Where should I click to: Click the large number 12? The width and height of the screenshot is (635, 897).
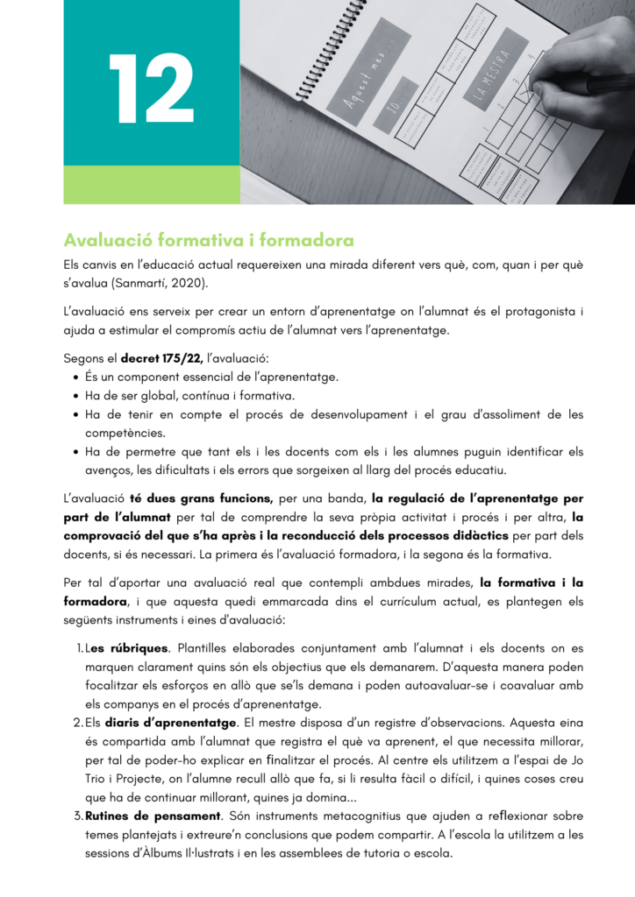tap(151, 84)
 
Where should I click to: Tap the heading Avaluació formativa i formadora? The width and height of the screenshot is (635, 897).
tap(209, 240)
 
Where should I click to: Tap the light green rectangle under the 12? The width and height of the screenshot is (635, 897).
tap(151, 185)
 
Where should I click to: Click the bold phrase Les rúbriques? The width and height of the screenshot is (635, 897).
tap(125, 648)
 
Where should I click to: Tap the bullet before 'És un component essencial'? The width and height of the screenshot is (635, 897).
tap(75, 377)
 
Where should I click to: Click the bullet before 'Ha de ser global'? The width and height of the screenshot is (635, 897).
tap(75, 396)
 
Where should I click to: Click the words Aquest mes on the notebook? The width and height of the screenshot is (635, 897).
tap(364, 75)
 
